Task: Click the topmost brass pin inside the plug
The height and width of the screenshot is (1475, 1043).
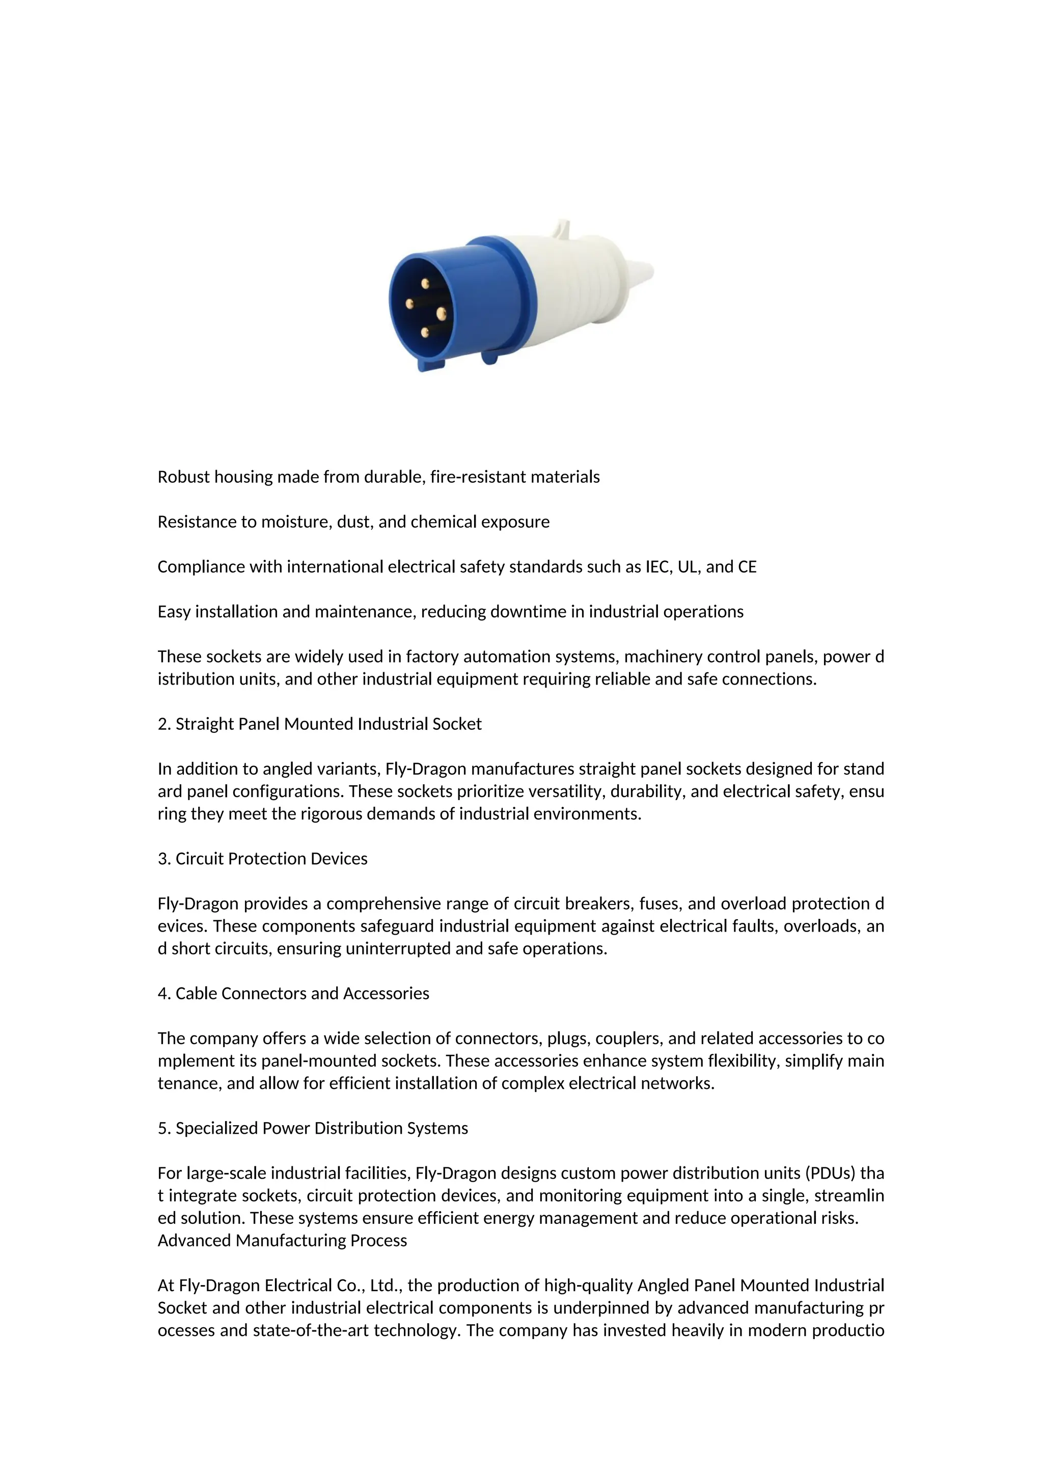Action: point(425,283)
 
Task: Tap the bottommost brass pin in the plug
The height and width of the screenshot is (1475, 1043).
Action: point(425,332)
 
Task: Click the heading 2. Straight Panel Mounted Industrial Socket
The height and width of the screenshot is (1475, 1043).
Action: point(319,724)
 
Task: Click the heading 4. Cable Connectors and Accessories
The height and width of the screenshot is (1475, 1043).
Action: point(293,994)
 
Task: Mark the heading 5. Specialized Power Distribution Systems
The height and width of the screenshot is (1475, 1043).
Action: point(313,1129)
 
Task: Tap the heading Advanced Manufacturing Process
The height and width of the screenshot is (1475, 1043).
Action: point(282,1241)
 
